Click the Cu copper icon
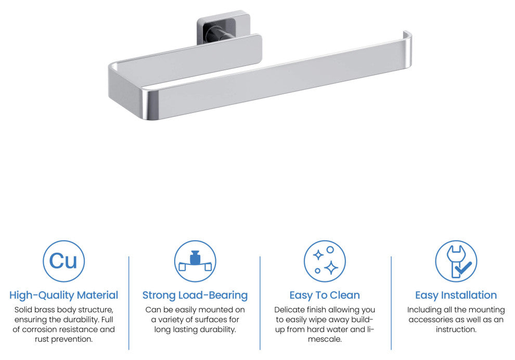click(63, 261)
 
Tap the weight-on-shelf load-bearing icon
click(195, 261)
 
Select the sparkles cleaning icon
click(325, 261)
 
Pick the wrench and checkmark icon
click(456, 261)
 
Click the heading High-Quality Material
click(63, 295)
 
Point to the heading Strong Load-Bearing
click(195, 295)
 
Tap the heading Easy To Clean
click(325, 295)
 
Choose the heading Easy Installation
click(456, 295)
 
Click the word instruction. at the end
click(456, 330)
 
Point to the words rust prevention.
click(63, 340)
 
